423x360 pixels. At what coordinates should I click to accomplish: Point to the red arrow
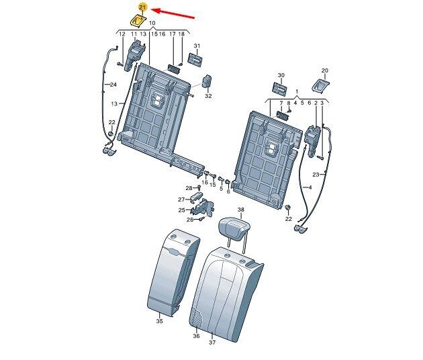point(173,14)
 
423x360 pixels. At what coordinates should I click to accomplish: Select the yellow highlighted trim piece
point(138,21)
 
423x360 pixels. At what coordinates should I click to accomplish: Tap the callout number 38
point(241,210)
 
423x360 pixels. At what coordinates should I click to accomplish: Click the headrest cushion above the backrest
point(233,229)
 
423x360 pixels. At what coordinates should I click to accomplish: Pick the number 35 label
point(159,321)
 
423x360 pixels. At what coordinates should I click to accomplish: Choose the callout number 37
point(212,343)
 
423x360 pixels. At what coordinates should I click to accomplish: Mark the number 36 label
point(196,336)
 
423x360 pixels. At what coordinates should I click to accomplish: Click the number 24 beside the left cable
point(113,85)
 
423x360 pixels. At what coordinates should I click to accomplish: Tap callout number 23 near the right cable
point(316,175)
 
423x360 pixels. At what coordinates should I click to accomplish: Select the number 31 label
point(197,46)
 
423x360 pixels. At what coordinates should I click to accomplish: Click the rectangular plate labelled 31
point(195,58)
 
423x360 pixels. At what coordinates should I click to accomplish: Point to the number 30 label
point(281,75)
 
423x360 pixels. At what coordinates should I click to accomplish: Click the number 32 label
point(208,96)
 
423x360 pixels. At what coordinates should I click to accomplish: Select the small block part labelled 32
point(207,81)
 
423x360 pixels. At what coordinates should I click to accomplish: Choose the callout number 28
point(189,188)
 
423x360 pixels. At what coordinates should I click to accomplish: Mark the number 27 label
point(181,199)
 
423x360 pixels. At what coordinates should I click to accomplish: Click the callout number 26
point(190,220)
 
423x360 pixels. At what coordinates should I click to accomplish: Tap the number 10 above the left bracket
point(152,23)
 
